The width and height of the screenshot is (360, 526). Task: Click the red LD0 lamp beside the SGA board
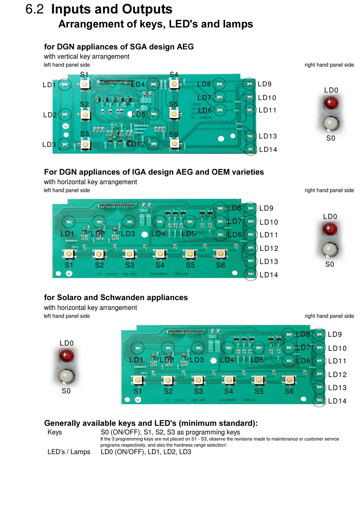tap(331, 103)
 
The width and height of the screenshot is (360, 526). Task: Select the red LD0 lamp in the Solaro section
tap(66, 355)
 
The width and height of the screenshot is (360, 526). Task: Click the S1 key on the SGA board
tap(85, 84)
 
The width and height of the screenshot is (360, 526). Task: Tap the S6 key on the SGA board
tap(174, 143)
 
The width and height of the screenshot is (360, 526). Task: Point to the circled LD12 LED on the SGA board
tap(153, 144)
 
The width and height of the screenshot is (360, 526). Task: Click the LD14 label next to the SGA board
tap(268, 150)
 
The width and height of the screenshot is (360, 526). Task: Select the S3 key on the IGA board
tap(129, 253)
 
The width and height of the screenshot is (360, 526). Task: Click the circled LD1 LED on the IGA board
tap(69, 221)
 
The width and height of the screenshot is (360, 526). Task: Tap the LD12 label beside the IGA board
tap(269, 249)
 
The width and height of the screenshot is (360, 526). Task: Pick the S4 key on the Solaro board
tap(229, 379)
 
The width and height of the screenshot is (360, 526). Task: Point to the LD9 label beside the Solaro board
tap(335, 334)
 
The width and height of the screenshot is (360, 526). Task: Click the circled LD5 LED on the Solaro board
tap(258, 348)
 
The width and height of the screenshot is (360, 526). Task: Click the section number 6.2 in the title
tap(34, 9)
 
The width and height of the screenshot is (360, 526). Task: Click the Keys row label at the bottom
tap(55, 432)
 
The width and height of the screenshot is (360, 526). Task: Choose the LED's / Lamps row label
tap(69, 452)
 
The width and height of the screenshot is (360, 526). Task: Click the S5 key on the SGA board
tap(174, 113)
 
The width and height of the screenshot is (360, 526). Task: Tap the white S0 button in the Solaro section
tap(66, 376)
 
